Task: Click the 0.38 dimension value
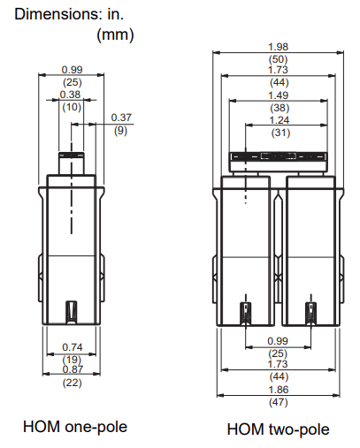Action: [72, 94]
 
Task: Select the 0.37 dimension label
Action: [122, 118]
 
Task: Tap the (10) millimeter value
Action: [72, 106]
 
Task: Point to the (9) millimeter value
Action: [121, 131]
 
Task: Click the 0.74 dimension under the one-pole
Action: [73, 346]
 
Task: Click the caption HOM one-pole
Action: [74, 427]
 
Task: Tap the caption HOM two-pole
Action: [278, 429]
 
